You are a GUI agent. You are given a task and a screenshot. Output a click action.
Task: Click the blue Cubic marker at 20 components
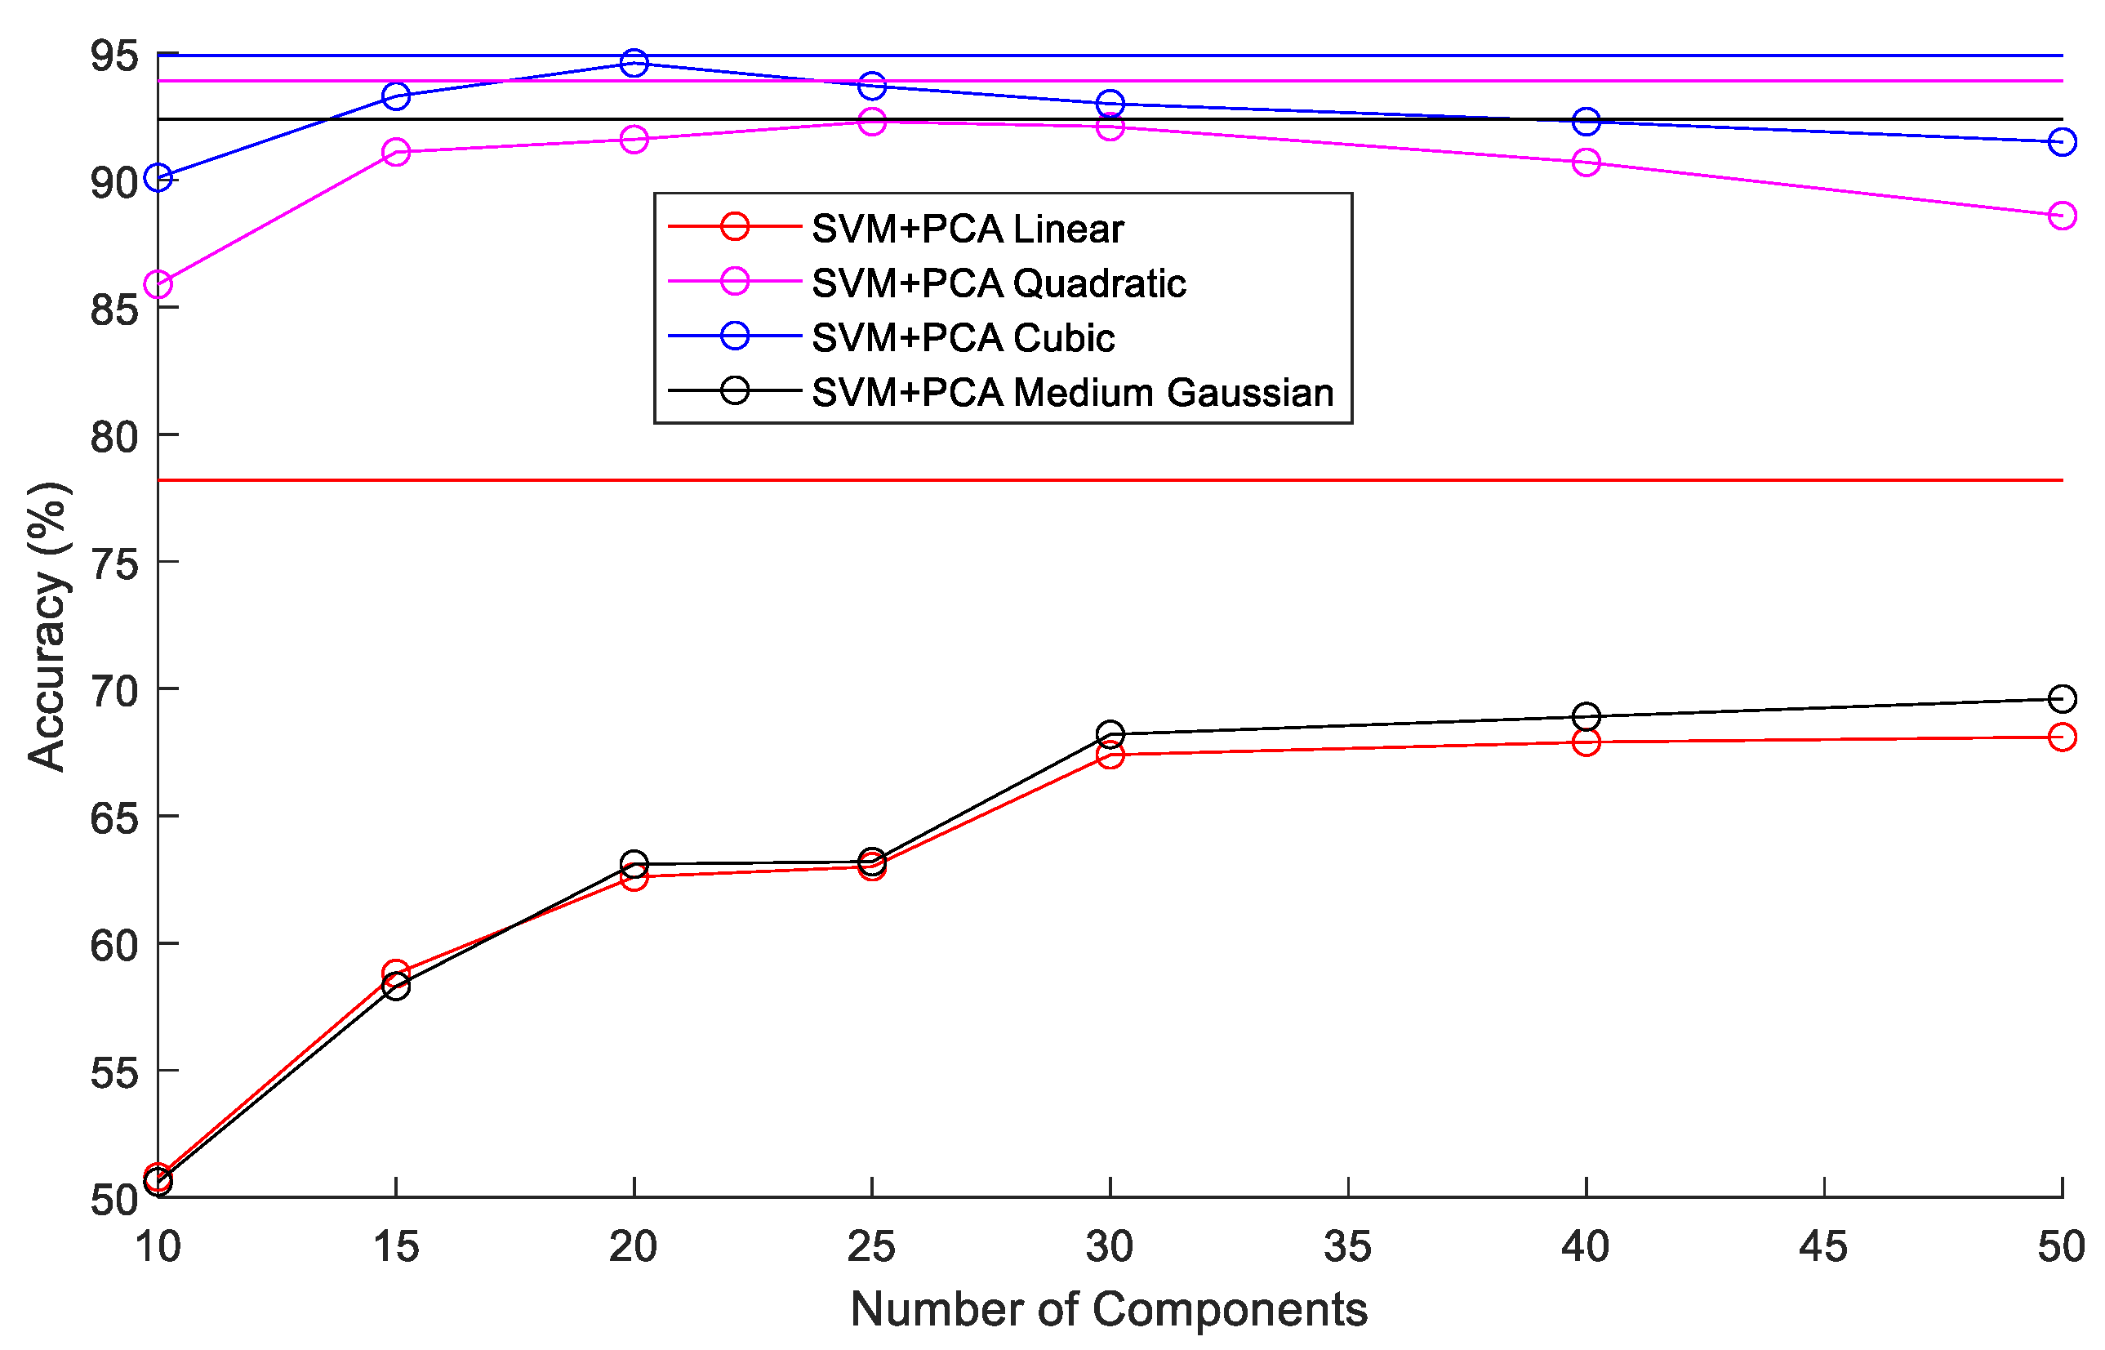634,63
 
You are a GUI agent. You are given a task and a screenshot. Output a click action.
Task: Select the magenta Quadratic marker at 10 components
158,285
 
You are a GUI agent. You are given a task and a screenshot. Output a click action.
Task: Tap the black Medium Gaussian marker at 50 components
2062,698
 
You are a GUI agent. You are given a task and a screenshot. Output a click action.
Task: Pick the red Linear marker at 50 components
2062,737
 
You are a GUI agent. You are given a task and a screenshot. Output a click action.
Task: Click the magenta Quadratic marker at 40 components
1586,163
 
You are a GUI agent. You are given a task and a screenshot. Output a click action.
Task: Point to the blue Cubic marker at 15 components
396,96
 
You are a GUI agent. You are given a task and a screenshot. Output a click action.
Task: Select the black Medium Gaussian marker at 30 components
1110,733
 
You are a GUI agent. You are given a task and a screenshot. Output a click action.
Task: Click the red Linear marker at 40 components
1586,742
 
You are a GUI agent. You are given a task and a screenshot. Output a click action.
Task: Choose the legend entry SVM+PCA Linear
967,229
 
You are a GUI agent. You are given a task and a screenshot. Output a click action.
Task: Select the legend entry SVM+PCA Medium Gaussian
1072,393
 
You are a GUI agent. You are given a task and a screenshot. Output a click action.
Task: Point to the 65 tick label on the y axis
114,818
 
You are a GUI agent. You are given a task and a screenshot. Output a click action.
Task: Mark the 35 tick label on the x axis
1347,1246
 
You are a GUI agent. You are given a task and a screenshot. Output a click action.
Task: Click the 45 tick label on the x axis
1823,1246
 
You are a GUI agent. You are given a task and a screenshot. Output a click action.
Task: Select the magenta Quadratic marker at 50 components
2062,216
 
